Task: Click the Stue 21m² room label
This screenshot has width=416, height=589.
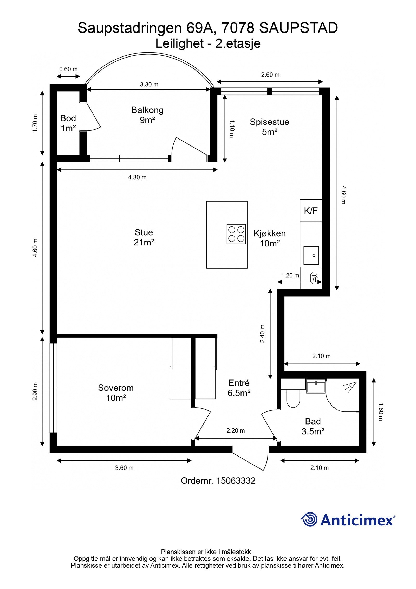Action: [x=144, y=237]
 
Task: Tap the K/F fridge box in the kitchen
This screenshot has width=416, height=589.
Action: [x=311, y=211]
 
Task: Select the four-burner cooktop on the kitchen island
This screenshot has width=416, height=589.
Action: [x=236, y=234]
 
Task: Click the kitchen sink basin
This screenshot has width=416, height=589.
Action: [x=311, y=256]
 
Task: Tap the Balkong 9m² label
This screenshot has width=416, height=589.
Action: [x=147, y=115]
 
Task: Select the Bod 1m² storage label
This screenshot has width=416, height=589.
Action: [x=68, y=123]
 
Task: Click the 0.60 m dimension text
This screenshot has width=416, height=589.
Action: [x=68, y=69]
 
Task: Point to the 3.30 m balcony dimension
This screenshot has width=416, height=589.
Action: [x=149, y=84]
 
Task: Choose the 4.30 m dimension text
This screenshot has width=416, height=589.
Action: [x=137, y=177]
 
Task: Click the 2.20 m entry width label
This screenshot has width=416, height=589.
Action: [x=236, y=430]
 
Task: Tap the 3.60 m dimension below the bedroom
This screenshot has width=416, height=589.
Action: [x=124, y=468]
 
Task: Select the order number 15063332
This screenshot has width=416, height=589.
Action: [x=236, y=480]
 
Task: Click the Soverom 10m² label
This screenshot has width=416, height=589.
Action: [x=116, y=393]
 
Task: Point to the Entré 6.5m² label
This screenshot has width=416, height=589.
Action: [x=239, y=388]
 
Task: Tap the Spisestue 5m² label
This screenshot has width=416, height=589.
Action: [x=270, y=127]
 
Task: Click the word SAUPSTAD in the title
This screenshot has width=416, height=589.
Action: [x=298, y=28]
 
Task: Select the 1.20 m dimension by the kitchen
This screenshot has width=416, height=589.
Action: [x=290, y=275]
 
